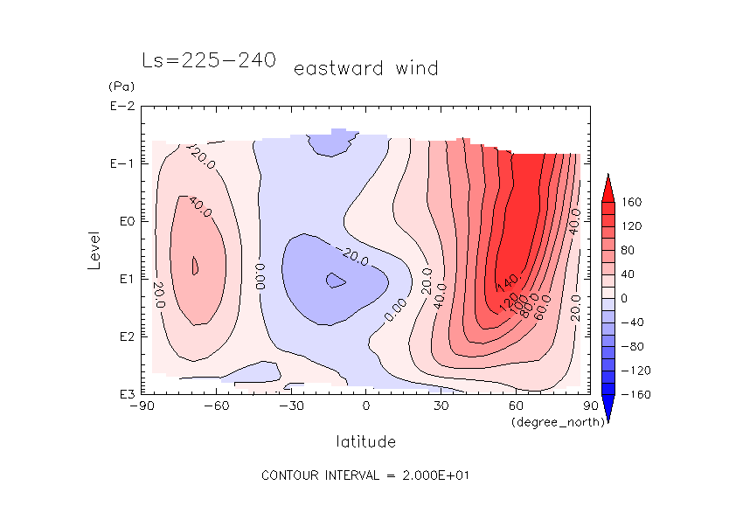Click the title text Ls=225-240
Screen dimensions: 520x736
209,60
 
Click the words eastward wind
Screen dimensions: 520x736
365,68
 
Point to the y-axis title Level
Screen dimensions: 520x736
95,246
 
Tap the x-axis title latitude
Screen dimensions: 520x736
365,441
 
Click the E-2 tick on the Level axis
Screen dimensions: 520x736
121,107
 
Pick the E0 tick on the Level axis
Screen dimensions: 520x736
123,221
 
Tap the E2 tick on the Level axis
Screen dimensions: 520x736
123,336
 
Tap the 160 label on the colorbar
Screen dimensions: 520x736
631,202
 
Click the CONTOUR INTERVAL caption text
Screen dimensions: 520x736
366,475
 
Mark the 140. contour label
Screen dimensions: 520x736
509,284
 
